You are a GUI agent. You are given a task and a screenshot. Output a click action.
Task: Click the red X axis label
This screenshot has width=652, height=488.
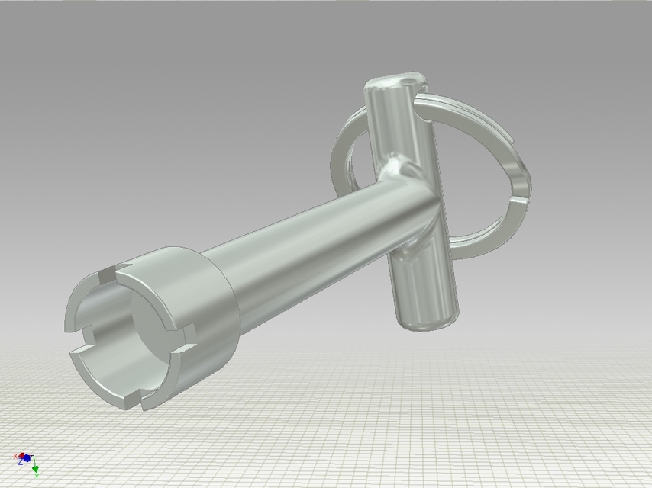click(x=15, y=456)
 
